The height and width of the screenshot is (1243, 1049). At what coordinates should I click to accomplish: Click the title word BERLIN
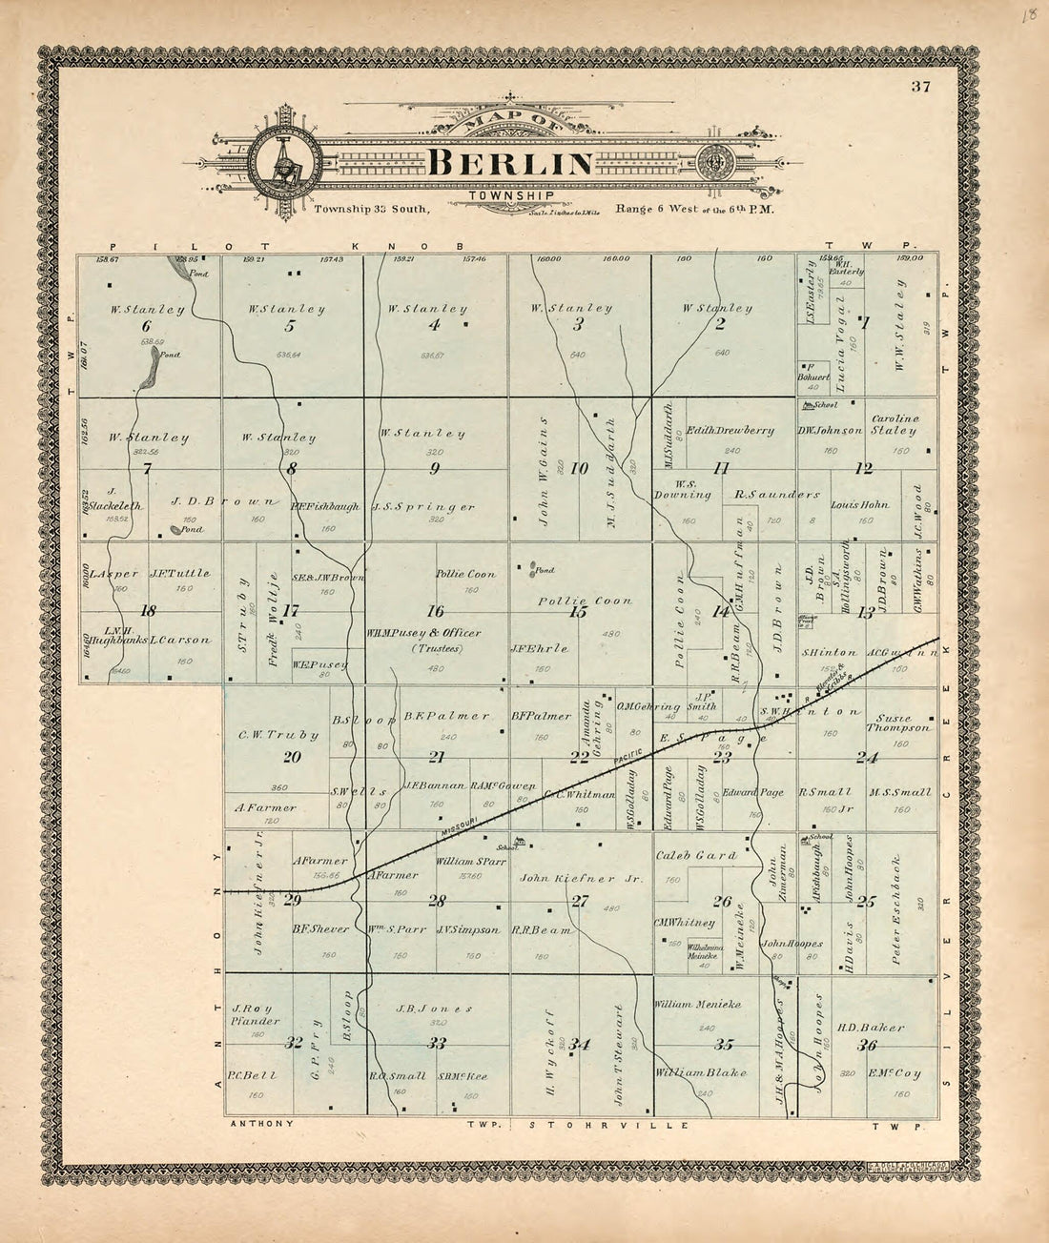coord(510,163)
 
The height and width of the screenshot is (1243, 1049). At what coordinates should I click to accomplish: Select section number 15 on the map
coord(577,612)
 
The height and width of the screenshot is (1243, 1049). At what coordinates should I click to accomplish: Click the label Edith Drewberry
coord(730,430)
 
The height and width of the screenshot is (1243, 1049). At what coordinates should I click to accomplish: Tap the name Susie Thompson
coord(896,723)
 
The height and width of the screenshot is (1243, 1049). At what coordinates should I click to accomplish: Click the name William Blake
coord(700,1072)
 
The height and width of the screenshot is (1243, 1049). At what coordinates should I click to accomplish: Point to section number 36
coord(866,1045)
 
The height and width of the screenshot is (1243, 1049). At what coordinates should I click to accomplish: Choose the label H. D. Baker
coord(871,1028)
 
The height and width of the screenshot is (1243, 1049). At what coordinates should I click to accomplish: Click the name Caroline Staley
coord(895,424)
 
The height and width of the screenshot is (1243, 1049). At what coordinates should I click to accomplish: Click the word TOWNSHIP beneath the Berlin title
coord(510,195)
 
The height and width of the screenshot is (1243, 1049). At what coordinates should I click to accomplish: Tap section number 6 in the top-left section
coord(146,326)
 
